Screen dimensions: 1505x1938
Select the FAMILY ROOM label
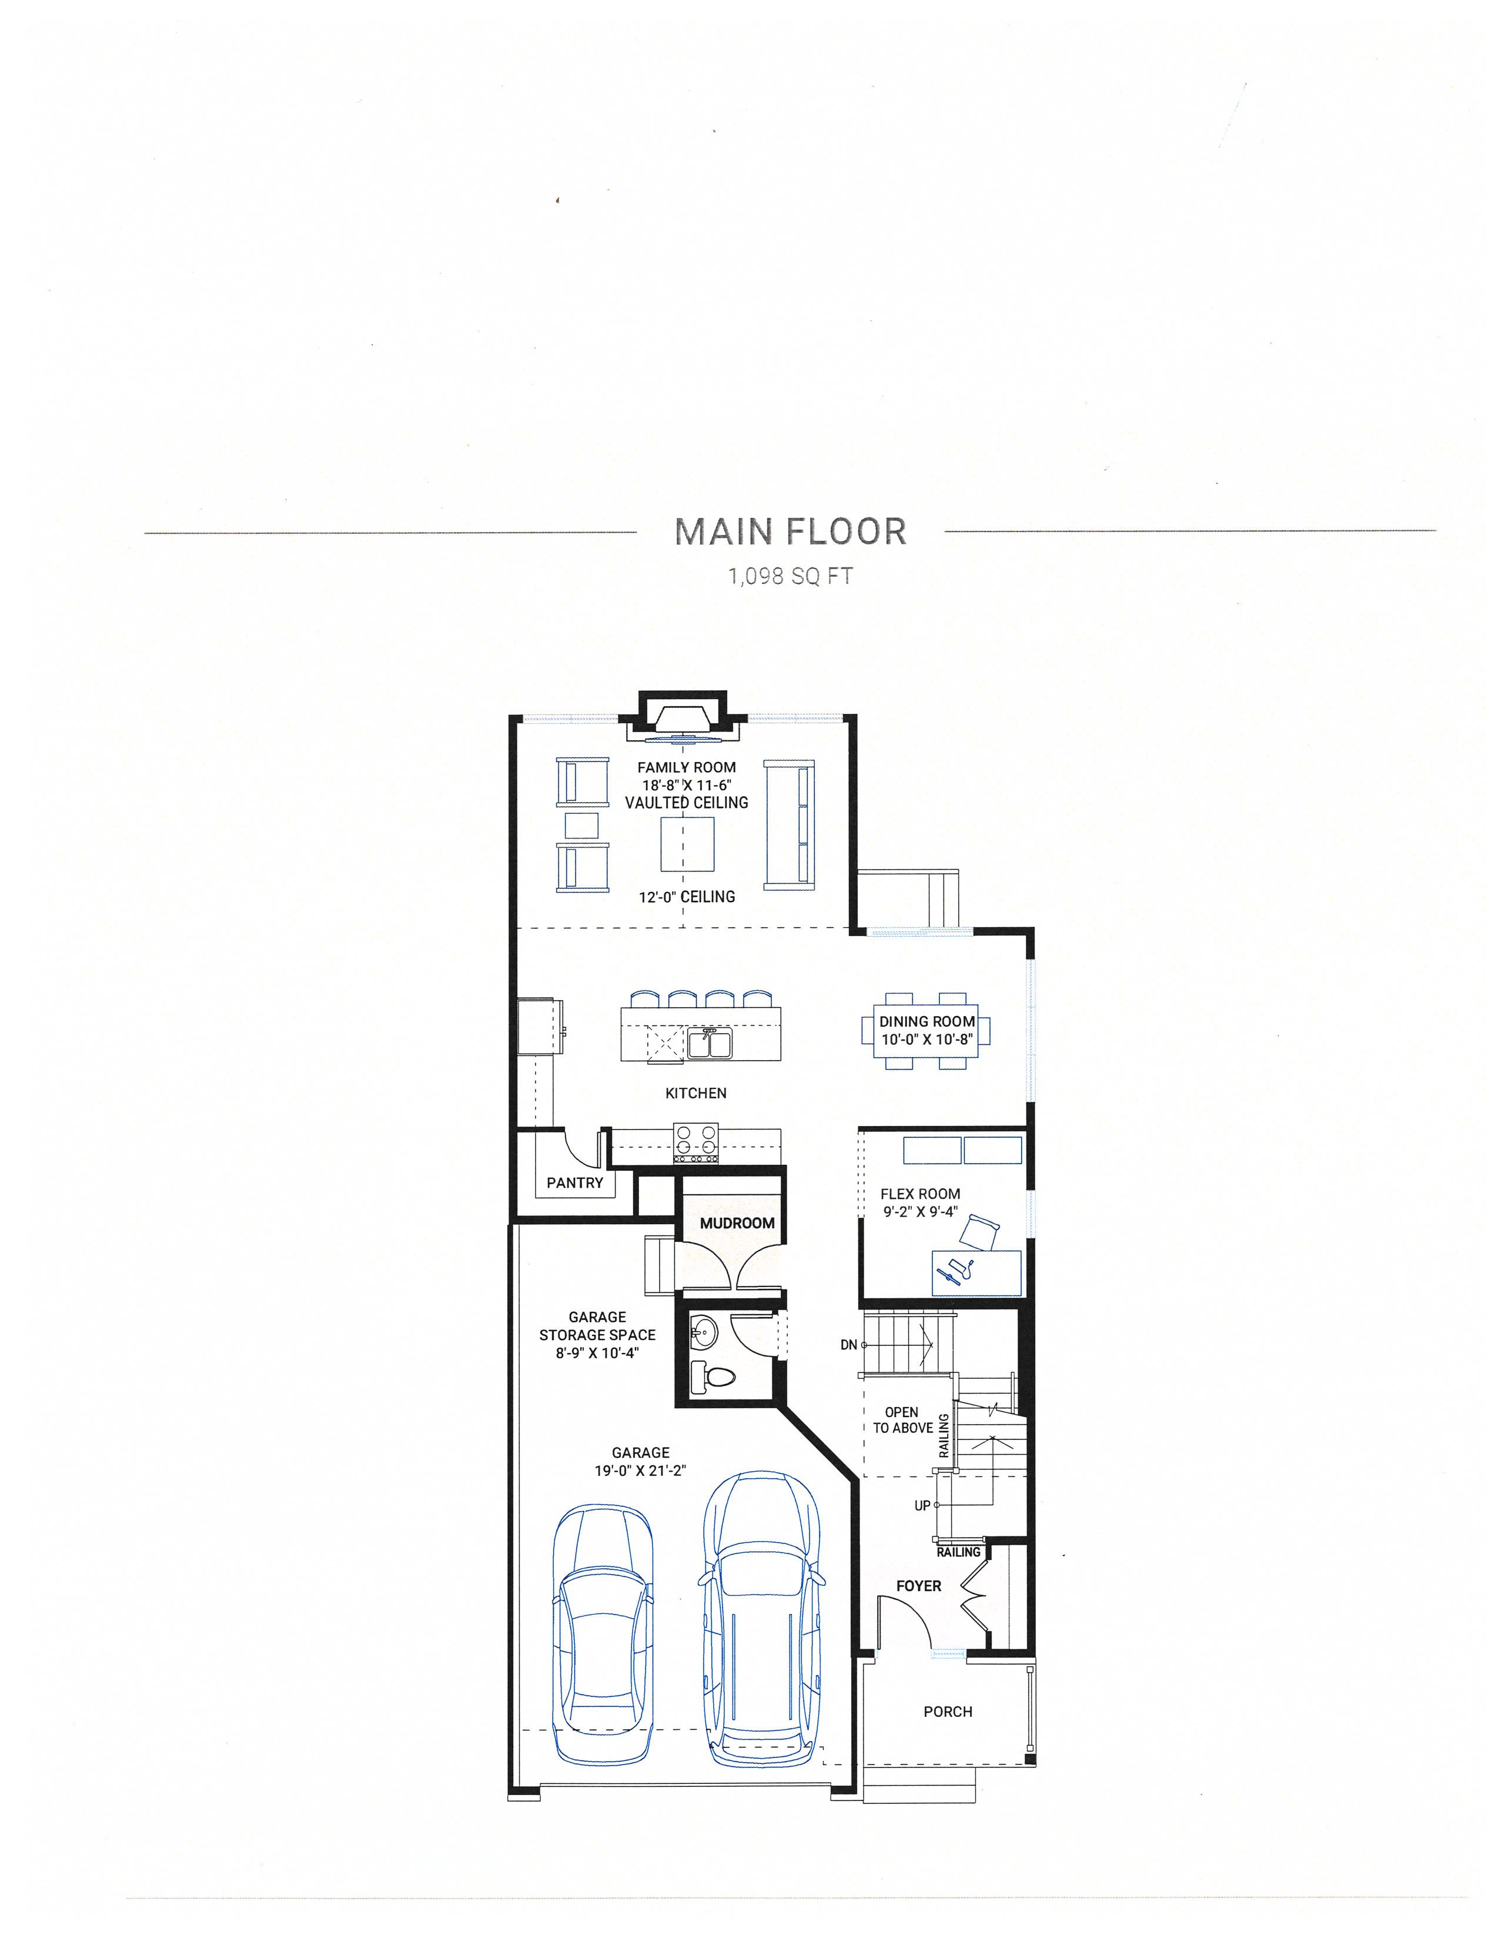point(686,767)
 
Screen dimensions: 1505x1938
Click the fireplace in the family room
point(683,718)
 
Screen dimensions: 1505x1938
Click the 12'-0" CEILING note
point(687,897)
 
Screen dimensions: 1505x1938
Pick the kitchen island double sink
point(709,1044)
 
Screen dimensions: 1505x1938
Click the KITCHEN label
point(695,1093)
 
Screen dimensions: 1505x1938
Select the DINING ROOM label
point(927,1021)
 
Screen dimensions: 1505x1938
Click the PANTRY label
point(574,1183)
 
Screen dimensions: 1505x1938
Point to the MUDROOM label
point(737,1223)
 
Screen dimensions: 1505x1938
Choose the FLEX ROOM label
point(920,1194)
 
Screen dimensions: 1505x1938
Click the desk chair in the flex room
point(981,1234)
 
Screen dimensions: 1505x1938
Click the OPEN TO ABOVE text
point(902,1420)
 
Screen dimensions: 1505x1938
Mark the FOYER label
point(918,1586)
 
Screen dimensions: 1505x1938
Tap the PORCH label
point(948,1712)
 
